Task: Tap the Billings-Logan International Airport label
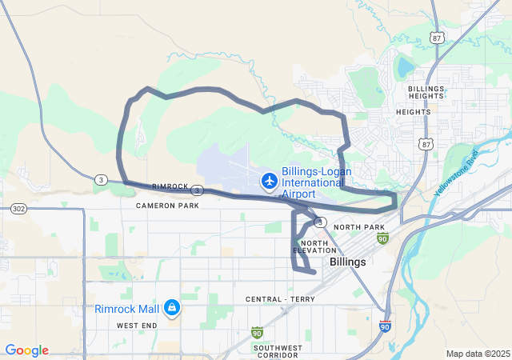tap(313, 182)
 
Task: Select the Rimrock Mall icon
tap(171, 307)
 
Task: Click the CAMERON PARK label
tap(167, 206)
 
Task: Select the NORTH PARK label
tap(359, 228)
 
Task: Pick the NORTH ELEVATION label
tap(314, 246)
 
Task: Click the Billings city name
tap(348, 262)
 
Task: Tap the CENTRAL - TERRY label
tap(280, 299)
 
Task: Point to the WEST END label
tap(137, 326)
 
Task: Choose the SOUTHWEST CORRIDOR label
tap(278, 352)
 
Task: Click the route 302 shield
tap(18, 208)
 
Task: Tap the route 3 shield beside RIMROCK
tap(196, 190)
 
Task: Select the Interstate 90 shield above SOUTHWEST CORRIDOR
tap(257, 331)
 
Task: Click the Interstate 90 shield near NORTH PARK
tap(382, 239)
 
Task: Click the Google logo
tap(26, 350)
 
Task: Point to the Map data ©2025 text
tap(478, 354)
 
